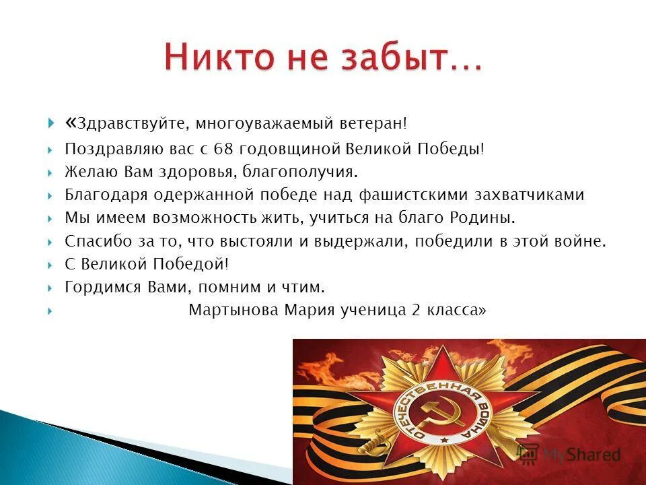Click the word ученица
coord(369,310)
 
